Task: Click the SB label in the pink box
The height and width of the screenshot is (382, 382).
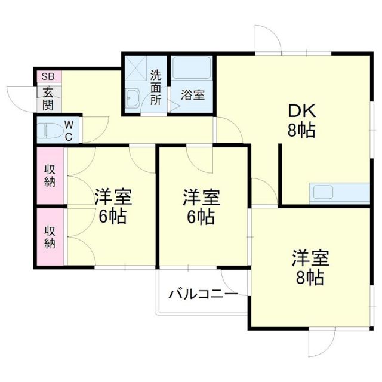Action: [x=48, y=77]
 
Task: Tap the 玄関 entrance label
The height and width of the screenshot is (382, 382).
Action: [x=48, y=98]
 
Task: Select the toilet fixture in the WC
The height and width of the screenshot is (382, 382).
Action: [x=48, y=129]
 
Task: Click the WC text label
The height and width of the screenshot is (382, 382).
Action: [x=69, y=129]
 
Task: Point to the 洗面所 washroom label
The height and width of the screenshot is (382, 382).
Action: [x=156, y=87]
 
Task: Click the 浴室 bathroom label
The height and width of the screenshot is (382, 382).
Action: [x=192, y=94]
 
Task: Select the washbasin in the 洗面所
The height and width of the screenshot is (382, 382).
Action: [x=133, y=98]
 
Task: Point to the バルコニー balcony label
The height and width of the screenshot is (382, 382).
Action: [x=203, y=294]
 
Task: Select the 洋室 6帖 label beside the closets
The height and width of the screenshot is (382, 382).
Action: [x=113, y=207]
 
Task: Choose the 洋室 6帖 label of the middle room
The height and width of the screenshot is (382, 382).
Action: [x=201, y=207]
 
